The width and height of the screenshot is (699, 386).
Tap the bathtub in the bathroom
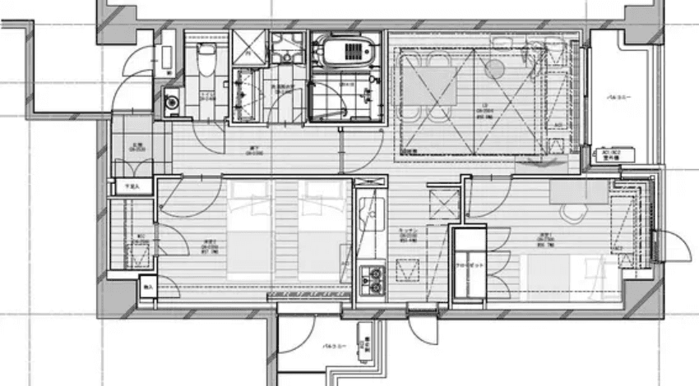[345, 50]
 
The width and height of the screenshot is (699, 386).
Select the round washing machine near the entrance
[172, 103]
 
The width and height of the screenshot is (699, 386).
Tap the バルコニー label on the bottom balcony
[333, 348]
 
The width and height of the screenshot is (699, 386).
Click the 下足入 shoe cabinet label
[132, 187]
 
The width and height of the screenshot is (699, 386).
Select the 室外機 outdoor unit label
[610, 157]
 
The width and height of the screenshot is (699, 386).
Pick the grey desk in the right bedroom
[579, 191]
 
